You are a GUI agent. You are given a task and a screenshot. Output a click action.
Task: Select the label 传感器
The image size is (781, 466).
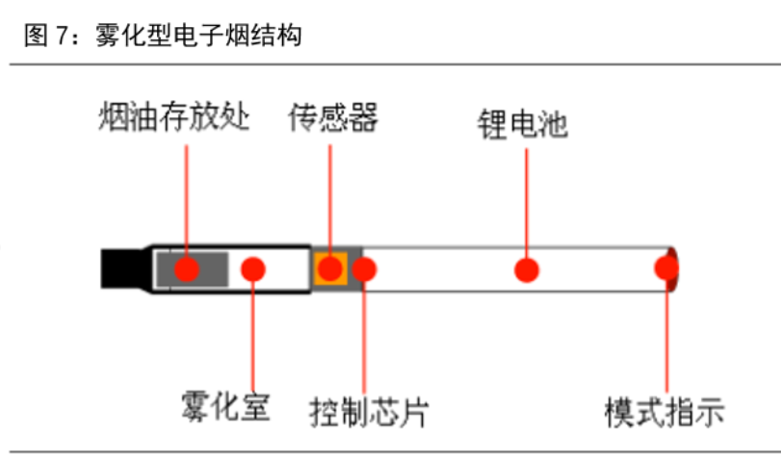pyautogui.click(x=333, y=118)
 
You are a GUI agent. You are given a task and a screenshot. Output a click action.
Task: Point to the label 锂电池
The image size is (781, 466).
pyautogui.click(x=524, y=124)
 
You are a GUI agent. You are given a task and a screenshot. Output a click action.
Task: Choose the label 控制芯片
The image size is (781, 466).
pyautogui.click(x=369, y=412)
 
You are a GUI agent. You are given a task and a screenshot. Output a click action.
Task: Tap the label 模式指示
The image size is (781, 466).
pyautogui.click(x=664, y=412)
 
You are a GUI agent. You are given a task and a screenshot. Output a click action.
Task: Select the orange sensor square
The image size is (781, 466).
pyautogui.click(x=330, y=270)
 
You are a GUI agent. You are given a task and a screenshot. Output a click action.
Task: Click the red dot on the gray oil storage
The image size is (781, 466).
pyautogui.click(x=187, y=269)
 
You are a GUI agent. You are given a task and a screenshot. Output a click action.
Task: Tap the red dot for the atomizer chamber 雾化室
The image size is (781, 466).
pyautogui.click(x=252, y=269)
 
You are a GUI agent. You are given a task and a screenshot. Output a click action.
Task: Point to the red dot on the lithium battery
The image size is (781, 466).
pyautogui.click(x=525, y=270)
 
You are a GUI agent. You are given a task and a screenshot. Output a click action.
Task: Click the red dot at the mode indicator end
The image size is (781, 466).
pyautogui.click(x=666, y=269)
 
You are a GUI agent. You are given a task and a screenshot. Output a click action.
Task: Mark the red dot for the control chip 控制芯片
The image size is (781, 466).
pyautogui.click(x=364, y=269)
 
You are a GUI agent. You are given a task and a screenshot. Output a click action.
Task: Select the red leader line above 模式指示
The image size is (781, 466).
pyautogui.click(x=667, y=337)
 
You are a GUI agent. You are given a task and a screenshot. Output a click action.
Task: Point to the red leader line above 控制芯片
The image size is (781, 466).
pyautogui.click(x=364, y=337)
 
